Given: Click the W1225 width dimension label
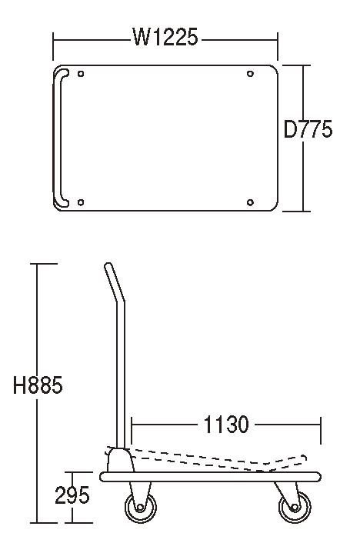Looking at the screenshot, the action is (x=165, y=37).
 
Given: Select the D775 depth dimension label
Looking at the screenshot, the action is (x=308, y=129).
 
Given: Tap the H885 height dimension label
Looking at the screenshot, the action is (x=38, y=385).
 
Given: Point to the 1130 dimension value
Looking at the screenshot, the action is (x=226, y=425).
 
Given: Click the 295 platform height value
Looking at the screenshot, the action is (x=72, y=495).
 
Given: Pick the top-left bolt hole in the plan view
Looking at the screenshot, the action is (x=81, y=74).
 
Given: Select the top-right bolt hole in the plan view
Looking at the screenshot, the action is (x=250, y=74).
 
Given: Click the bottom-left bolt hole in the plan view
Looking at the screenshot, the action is (x=81, y=202).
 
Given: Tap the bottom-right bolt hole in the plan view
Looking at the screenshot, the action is (x=250, y=202).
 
